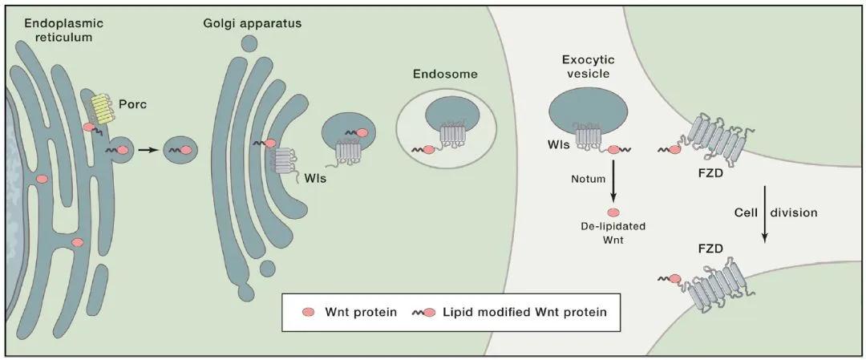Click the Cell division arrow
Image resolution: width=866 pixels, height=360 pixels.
coord(764,214)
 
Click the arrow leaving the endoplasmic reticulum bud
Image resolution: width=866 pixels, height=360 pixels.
coord(146,149)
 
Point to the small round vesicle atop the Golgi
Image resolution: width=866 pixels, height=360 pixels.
coord(249,43)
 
